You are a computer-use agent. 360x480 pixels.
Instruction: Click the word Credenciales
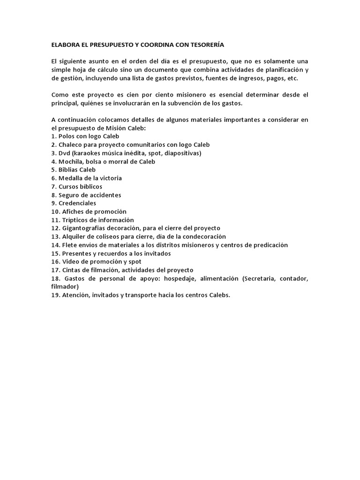(x=77, y=203)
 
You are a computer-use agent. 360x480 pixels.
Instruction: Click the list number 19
(x=55, y=295)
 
